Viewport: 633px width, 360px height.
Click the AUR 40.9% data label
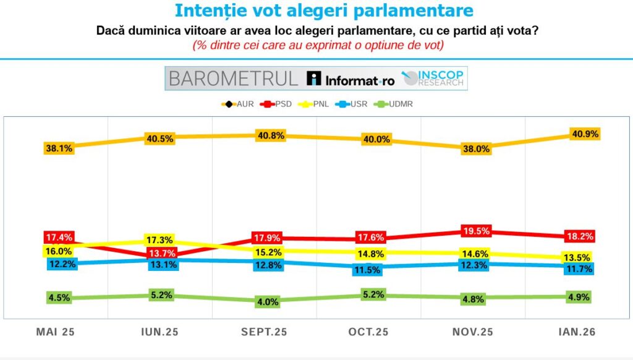[584, 134]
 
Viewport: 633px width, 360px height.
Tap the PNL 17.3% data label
[159, 239]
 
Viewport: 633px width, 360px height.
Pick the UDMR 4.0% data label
[268, 302]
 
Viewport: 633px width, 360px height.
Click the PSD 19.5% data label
[476, 231]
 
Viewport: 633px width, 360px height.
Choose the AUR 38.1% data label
[59, 148]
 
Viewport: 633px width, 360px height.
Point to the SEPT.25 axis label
[264, 332]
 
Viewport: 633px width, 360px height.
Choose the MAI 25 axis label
[55, 332]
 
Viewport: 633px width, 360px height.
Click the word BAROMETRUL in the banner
[233, 79]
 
